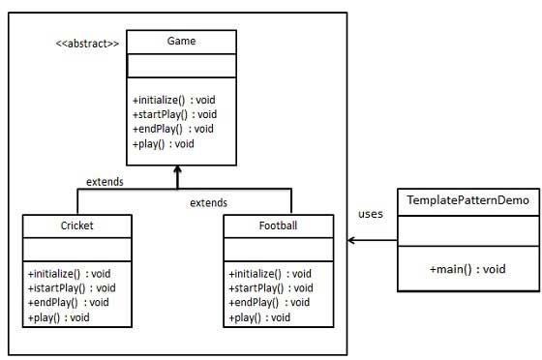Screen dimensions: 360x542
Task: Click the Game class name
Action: pos(181,43)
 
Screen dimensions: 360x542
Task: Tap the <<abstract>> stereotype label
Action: pos(87,44)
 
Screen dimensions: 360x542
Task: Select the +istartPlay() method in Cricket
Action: pos(72,287)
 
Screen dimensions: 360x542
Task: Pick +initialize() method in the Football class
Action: pos(270,274)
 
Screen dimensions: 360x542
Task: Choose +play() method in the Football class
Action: pos(259,317)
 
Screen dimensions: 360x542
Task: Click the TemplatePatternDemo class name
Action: pos(468,200)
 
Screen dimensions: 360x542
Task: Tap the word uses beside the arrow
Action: pos(372,214)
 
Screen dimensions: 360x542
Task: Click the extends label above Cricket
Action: pos(104,181)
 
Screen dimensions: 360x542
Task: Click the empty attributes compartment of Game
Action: pos(181,66)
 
